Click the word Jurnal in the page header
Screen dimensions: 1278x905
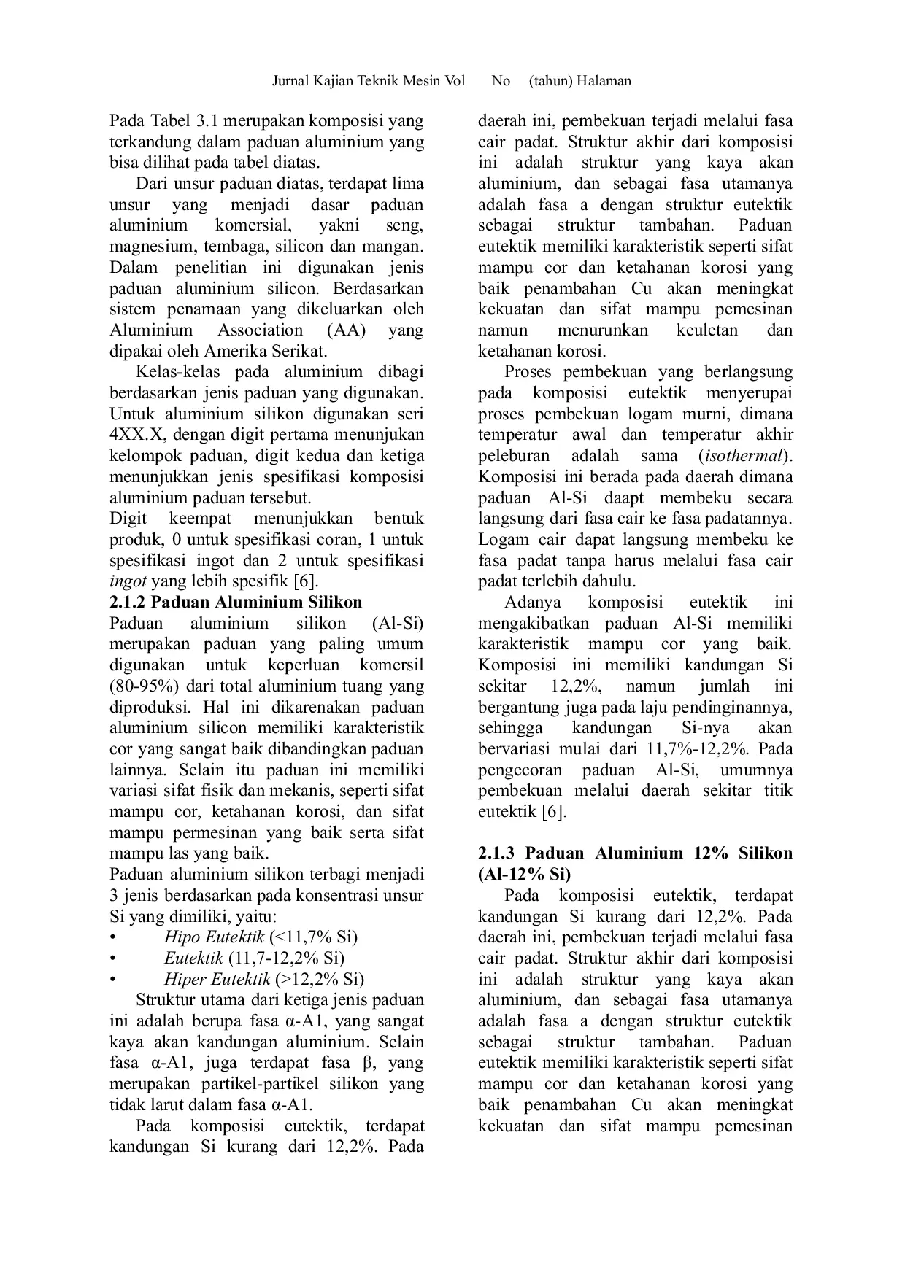[x=290, y=81]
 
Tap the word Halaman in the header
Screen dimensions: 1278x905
[x=604, y=81]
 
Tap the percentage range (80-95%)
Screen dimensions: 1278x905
[x=145, y=686]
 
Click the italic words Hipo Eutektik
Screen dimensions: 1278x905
[x=214, y=937]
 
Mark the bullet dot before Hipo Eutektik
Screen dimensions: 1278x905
[x=112, y=937]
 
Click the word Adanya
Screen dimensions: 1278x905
[x=533, y=603]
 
